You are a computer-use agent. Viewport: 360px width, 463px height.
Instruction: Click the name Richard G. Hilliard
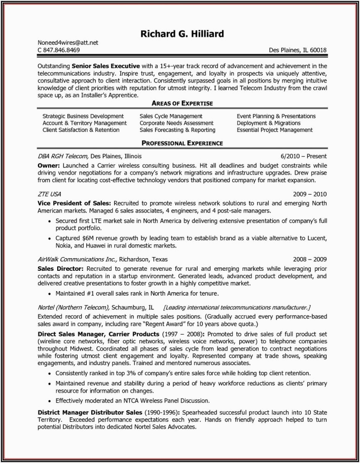tap(183, 33)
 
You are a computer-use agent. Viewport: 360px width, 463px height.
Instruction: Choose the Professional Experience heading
tap(182, 144)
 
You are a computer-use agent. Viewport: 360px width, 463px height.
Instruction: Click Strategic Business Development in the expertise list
tap(83, 116)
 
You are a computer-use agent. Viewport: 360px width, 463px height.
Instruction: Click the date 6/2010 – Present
tap(303, 156)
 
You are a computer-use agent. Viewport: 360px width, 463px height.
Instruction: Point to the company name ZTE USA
tap(50, 194)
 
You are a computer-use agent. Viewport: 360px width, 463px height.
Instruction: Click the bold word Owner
tap(48, 165)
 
